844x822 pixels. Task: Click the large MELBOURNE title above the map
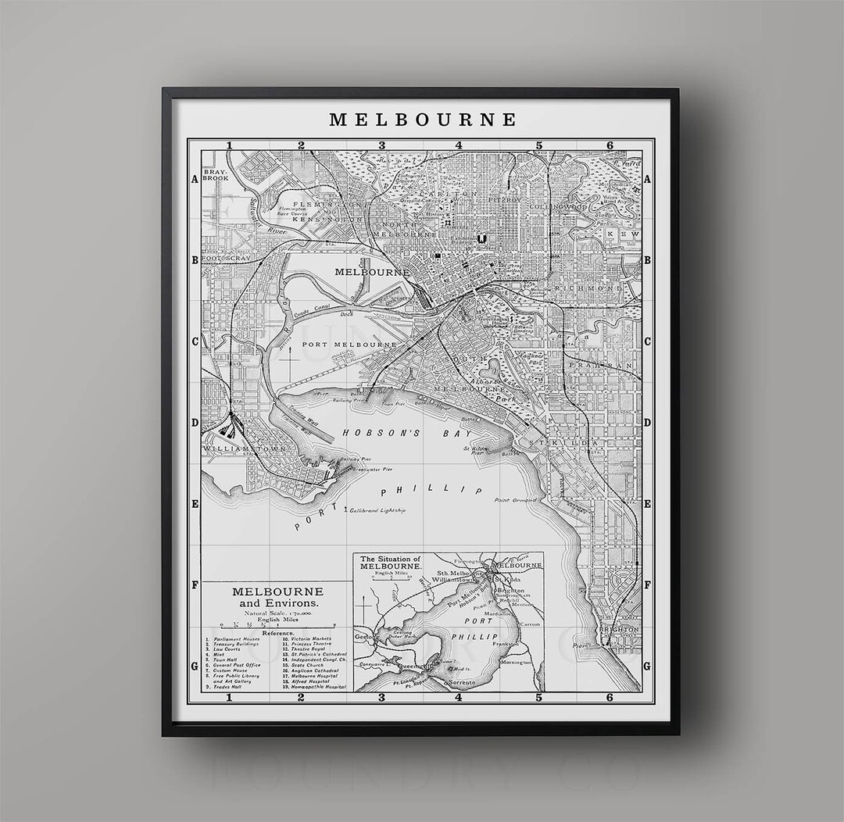click(423, 120)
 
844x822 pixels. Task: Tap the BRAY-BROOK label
click(216, 174)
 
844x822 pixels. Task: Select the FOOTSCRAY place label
click(225, 257)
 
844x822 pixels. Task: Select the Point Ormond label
click(515, 500)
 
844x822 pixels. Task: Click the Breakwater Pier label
click(372, 470)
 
